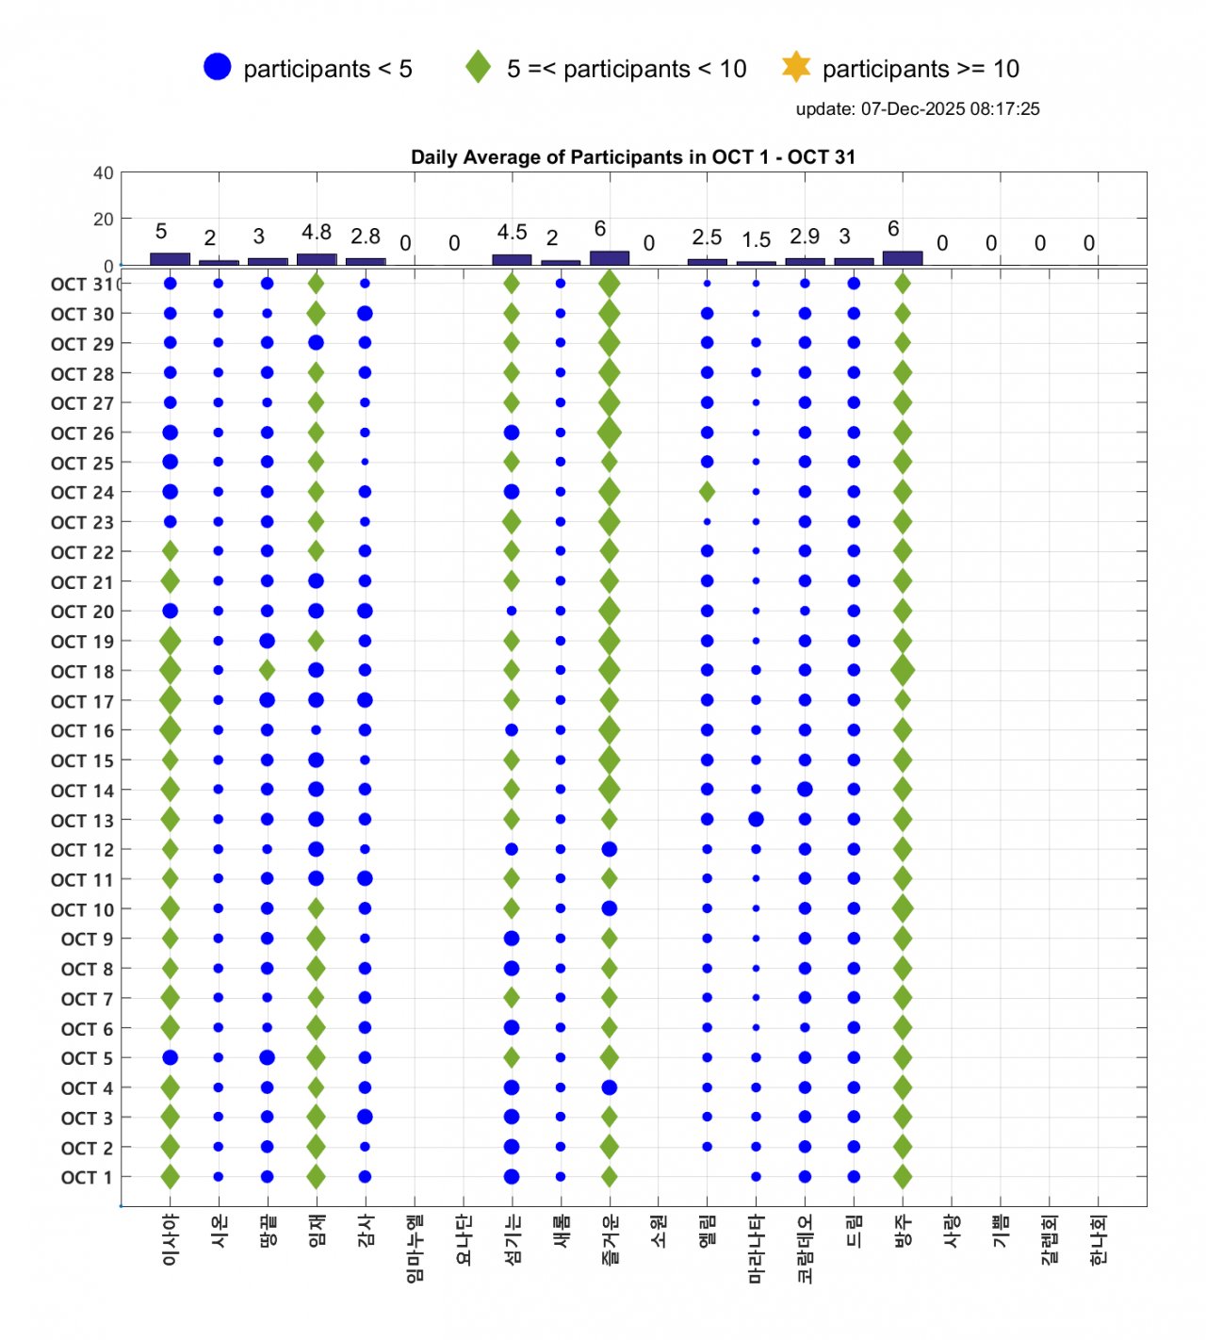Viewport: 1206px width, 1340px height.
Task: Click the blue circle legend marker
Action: pos(217,67)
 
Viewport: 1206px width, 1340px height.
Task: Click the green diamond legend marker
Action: pos(479,67)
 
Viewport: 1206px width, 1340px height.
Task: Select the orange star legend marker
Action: pos(796,67)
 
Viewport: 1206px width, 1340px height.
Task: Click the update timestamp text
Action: pos(917,108)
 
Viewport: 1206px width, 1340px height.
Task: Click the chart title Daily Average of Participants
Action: pos(632,157)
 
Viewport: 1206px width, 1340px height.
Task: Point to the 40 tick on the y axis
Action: pos(104,173)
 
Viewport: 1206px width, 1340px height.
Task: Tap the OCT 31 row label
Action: pos(83,285)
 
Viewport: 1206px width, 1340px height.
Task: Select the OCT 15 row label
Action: pos(83,760)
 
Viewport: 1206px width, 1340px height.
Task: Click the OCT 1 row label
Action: pos(87,1178)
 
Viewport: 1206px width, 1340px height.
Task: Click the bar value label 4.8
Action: pos(317,232)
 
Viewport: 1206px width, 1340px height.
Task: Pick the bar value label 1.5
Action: pos(756,239)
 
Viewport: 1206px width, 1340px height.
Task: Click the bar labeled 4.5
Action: pos(512,259)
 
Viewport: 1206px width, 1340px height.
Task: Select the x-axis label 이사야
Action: pos(171,1239)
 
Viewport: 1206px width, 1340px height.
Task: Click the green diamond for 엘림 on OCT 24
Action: pos(707,492)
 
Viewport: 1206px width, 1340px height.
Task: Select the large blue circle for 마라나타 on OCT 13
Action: pos(756,819)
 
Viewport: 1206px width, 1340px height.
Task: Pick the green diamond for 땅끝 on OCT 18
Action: pos(268,670)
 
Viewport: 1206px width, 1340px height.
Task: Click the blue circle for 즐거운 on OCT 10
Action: pos(610,909)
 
